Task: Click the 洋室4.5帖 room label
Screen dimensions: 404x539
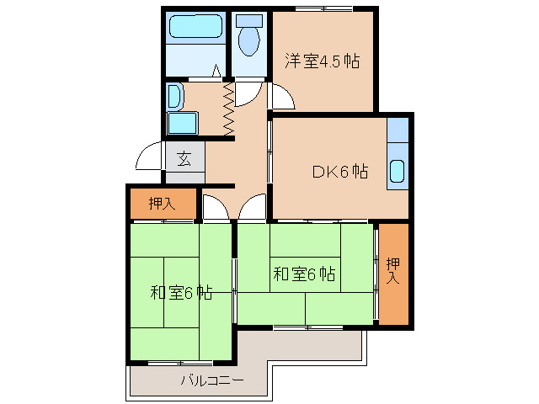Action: (322, 61)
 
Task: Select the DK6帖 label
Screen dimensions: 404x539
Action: (339, 171)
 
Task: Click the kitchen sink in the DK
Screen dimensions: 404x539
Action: (397, 173)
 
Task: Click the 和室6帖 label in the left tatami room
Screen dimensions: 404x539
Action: (180, 293)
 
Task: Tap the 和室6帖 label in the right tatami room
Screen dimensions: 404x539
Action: (305, 274)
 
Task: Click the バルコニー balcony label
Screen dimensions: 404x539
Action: (211, 380)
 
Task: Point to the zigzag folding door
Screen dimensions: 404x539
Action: (227, 107)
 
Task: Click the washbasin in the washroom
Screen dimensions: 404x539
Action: (174, 96)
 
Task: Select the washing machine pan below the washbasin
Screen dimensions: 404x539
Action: (181, 123)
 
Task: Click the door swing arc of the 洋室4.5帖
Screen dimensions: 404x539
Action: (283, 98)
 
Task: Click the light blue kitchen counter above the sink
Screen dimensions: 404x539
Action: (398, 133)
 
